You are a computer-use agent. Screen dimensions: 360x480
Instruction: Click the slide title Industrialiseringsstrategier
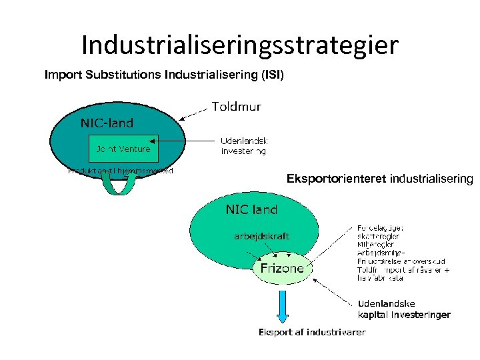pyautogui.click(x=240, y=45)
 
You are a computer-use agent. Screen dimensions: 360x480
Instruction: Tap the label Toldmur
pyautogui.click(x=236, y=107)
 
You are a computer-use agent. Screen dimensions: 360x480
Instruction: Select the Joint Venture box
pyautogui.click(x=123, y=149)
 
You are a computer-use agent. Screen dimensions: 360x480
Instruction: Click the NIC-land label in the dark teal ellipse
pyautogui.click(x=107, y=123)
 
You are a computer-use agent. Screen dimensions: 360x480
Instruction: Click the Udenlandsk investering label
pyautogui.click(x=244, y=146)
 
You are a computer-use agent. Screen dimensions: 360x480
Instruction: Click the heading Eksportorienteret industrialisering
pyautogui.click(x=379, y=179)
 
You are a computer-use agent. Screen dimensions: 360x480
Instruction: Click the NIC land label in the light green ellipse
pyautogui.click(x=251, y=209)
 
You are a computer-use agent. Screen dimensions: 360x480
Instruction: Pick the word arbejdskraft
pyautogui.click(x=261, y=236)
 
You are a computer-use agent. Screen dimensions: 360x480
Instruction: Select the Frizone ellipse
pyautogui.click(x=281, y=268)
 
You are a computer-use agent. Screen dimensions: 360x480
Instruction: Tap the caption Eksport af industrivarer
pyautogui.click(x=311, y=332)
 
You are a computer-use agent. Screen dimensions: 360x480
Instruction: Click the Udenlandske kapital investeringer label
pyautogui.click(x=404, y=309)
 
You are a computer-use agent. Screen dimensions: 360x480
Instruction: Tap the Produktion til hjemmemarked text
pyautogui.click(x=120, y=171)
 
